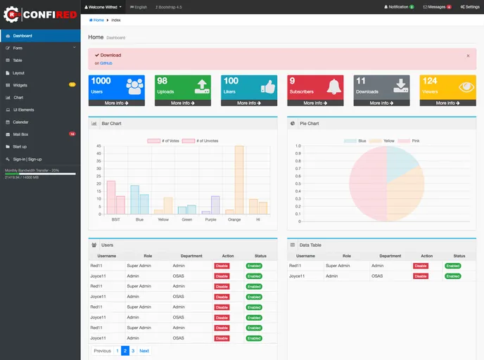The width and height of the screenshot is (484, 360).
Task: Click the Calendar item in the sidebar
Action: tap(20, 122)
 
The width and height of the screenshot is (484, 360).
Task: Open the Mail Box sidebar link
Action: tap(20, 134)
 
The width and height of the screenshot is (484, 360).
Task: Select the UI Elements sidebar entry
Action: tap(23, 110)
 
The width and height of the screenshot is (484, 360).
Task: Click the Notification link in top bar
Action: tap(398, 6)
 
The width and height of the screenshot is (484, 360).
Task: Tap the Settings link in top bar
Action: tap(470, 6)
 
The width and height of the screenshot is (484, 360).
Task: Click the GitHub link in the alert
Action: tap(106, 63)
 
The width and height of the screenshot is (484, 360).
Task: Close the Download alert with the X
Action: tap(468, 55)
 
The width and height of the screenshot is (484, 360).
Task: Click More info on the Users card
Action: tap(117, 103)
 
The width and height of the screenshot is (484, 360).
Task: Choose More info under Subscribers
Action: tap(316, 103)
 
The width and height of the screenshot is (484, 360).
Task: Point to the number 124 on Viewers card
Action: tap(430, 81)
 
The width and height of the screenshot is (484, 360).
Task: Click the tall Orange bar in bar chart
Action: tap(239, 179)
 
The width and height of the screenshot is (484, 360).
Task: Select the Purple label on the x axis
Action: tap(210, 219)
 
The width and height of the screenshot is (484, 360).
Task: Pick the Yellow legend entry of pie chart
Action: tap(385, 141)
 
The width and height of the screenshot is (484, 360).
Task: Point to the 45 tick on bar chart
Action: tap(99, 146)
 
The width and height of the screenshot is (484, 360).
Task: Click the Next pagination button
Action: tap(144, 350)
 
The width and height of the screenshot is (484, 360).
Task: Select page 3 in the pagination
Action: tap(133, 350)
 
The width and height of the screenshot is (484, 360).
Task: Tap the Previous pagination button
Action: tap(102, 350)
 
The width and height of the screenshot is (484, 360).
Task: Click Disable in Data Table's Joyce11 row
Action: tap(421, 276)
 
